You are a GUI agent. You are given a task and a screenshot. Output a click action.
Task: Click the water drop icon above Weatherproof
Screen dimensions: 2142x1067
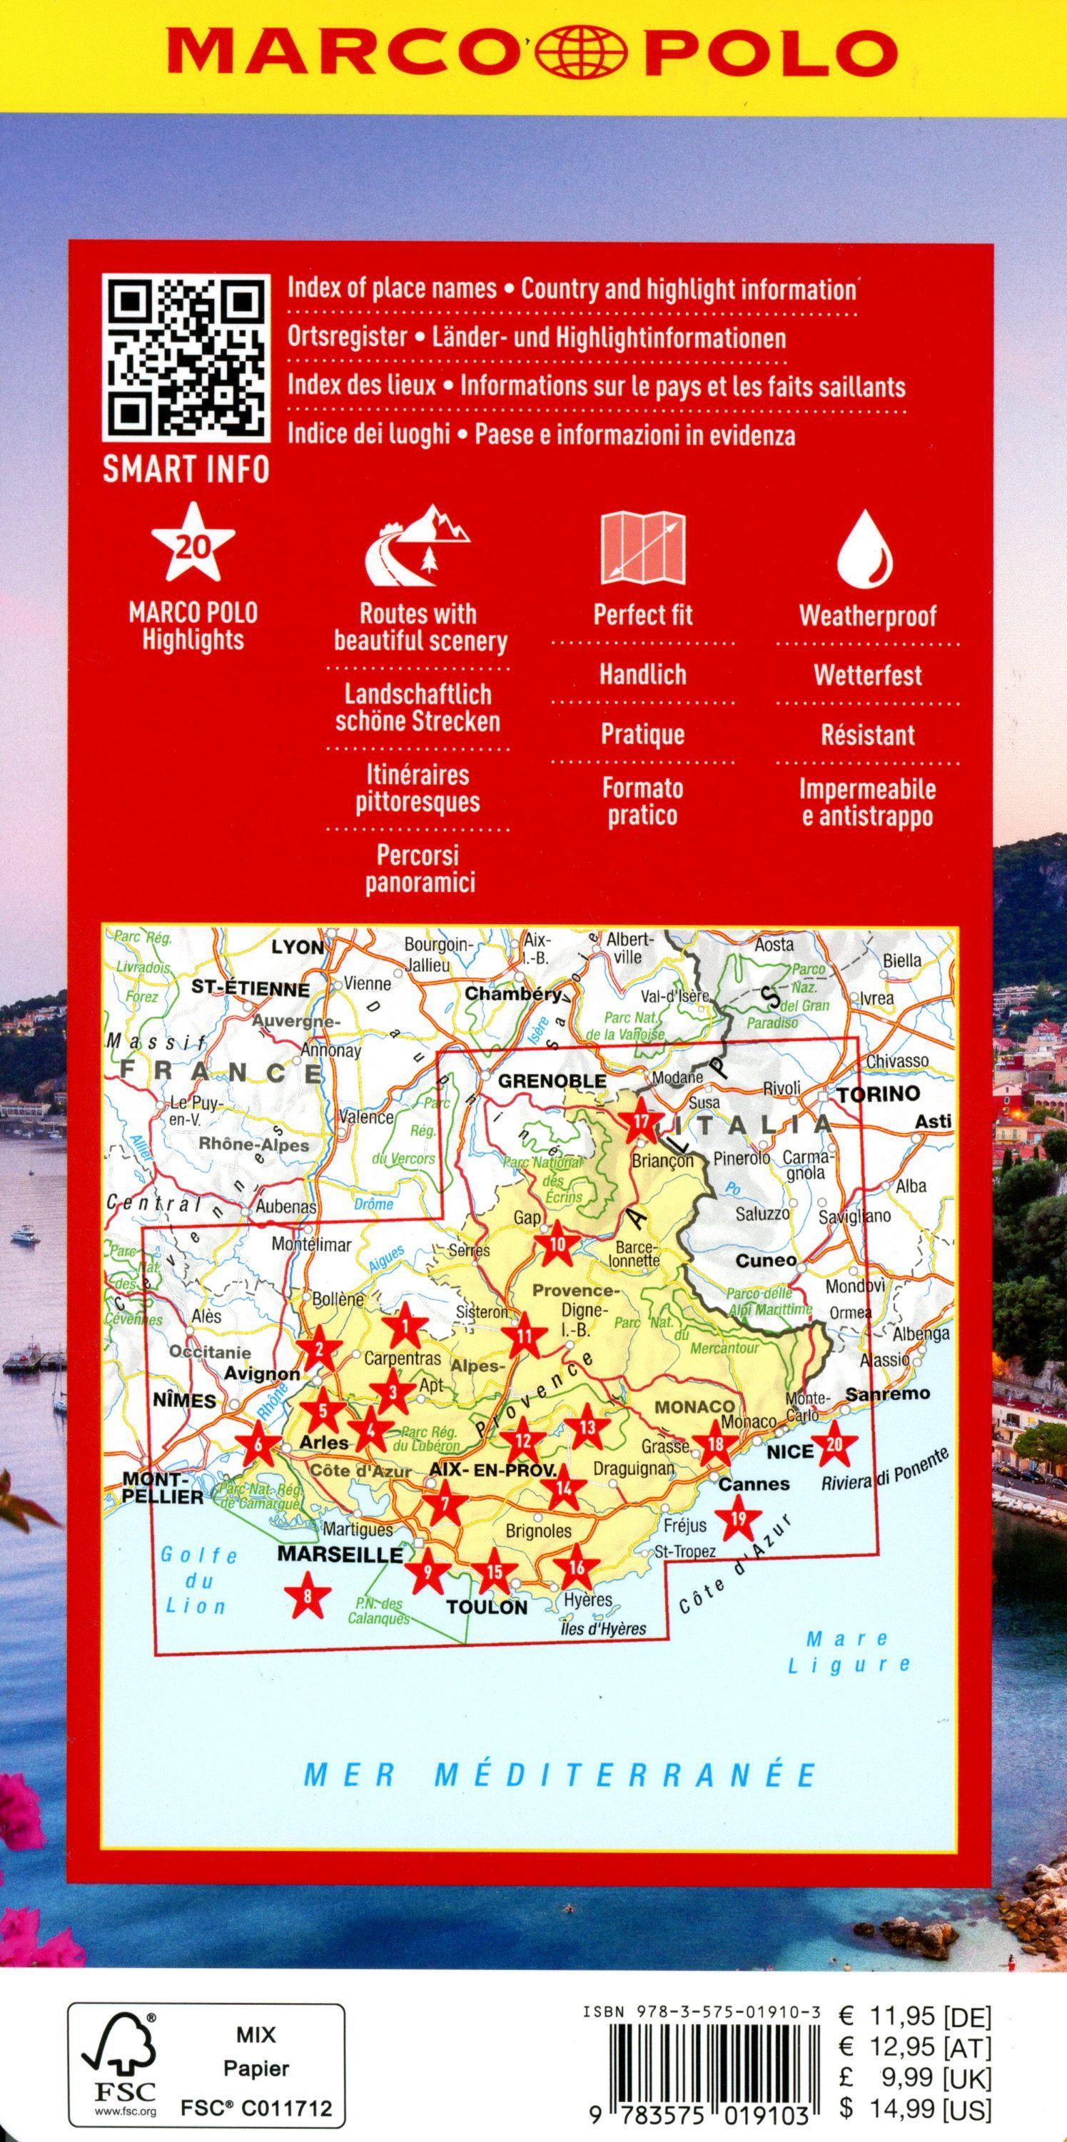coord(866,549)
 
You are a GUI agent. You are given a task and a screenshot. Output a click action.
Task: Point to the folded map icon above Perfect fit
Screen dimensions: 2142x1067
coord(644,547)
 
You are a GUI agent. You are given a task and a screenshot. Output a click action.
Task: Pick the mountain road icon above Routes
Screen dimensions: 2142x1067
coord(417,545)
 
